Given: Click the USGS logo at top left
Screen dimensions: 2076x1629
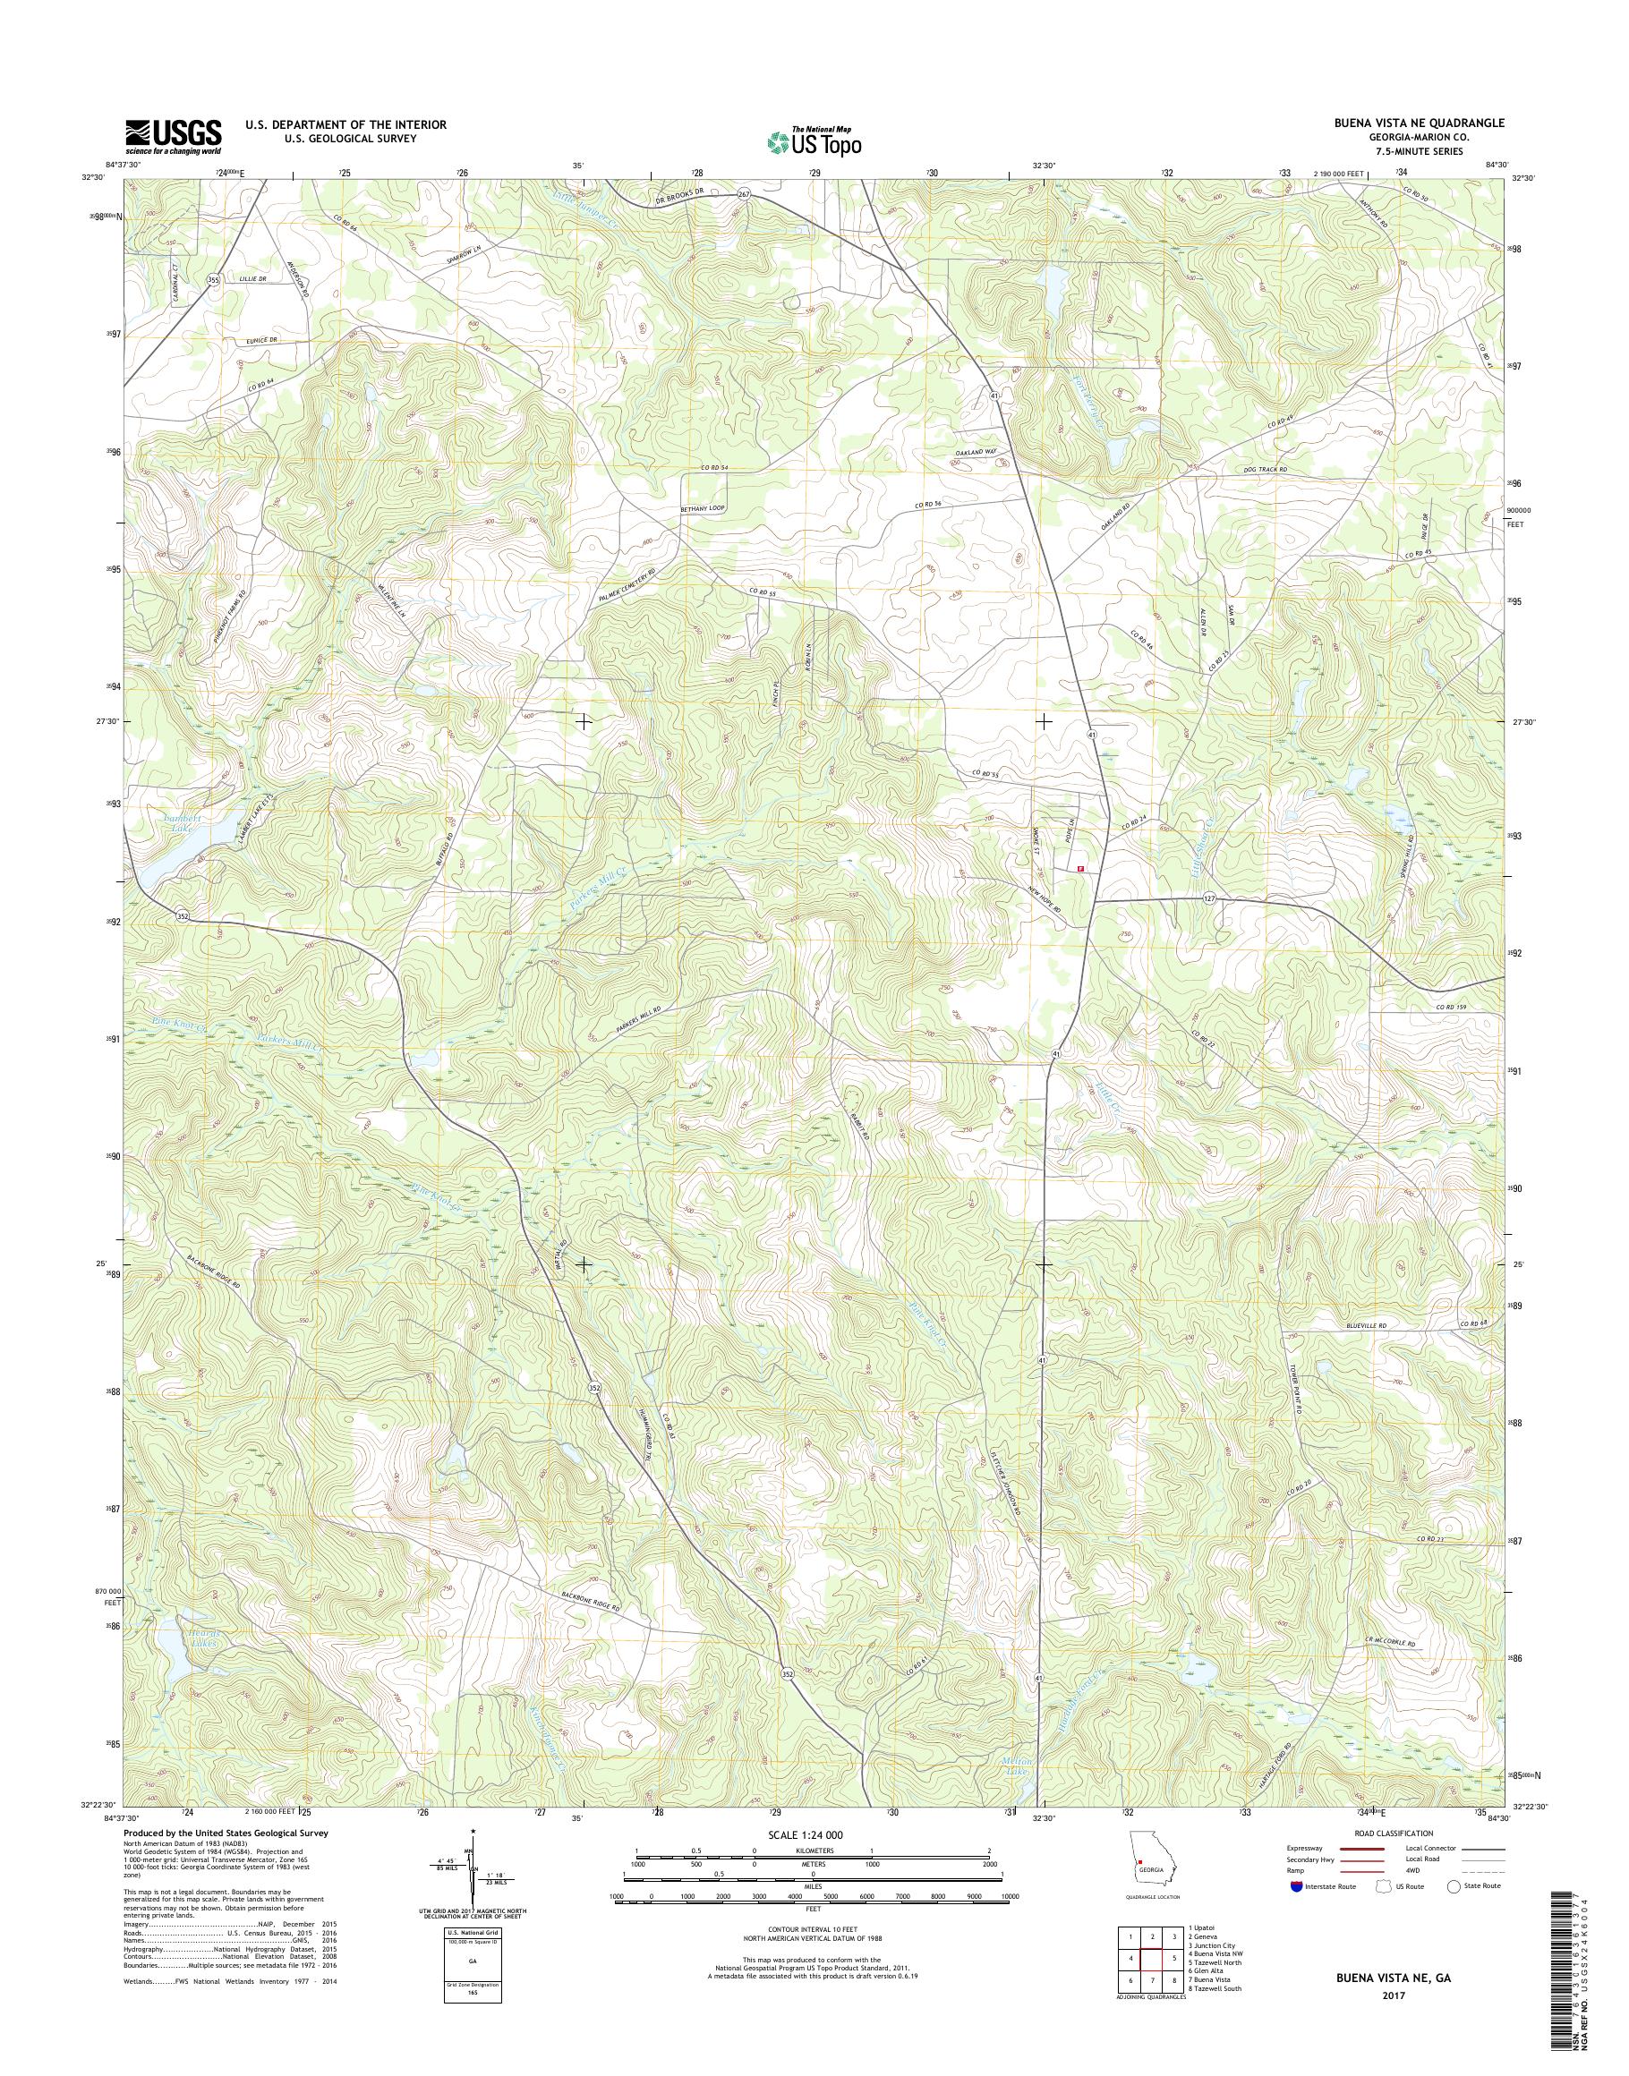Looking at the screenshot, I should (x=173, y=135).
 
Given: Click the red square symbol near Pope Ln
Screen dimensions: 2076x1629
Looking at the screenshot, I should (x=1079, y=869).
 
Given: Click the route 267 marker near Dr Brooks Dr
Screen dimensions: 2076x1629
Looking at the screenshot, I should (x=745, y=193).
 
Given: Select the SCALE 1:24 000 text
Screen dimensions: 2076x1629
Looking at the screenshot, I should (x=811, y=1834).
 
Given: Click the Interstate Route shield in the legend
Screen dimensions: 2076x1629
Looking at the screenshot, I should (x=1294, y=1886).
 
